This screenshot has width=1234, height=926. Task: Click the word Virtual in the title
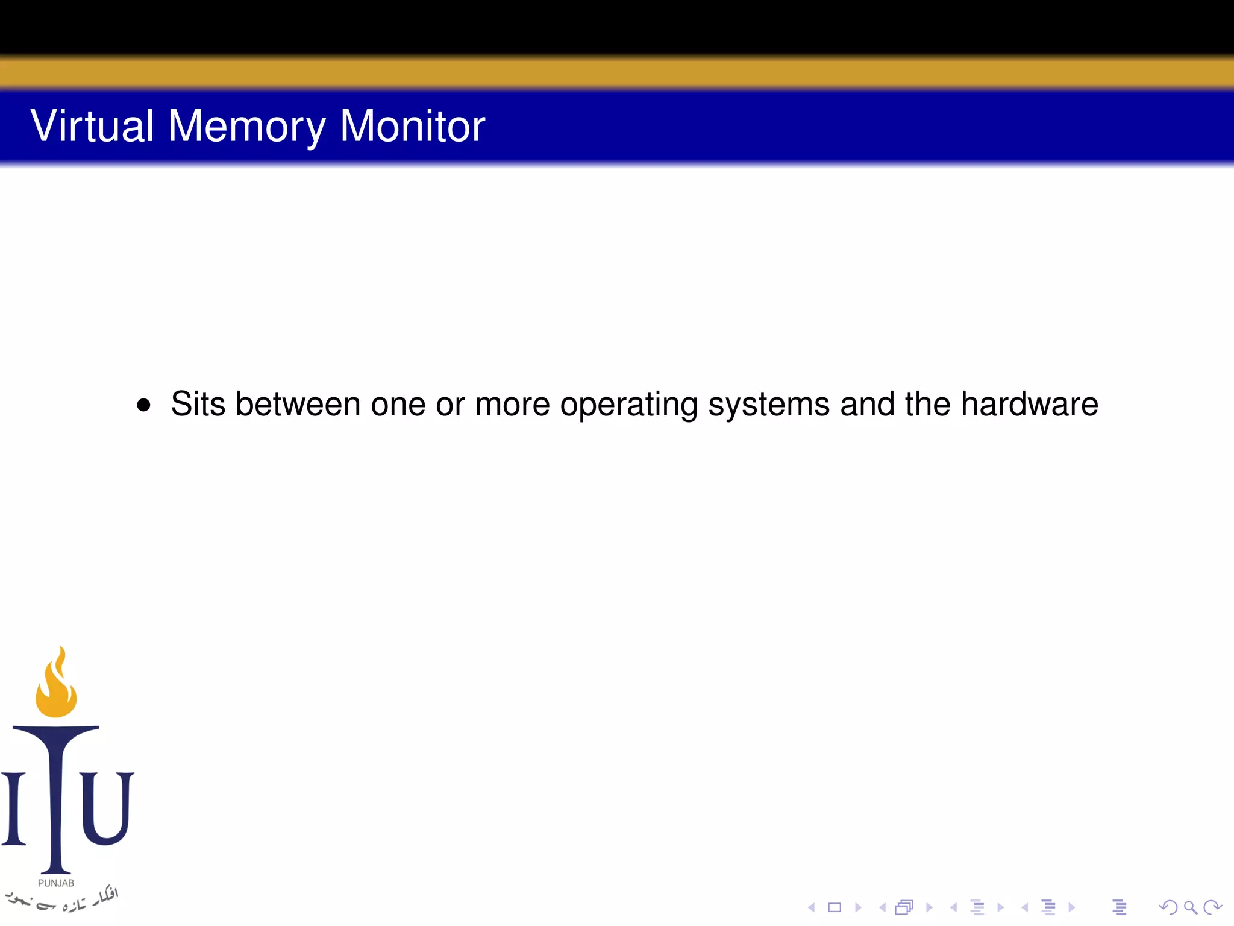point(92,126)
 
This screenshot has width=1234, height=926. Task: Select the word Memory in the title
point(246,127)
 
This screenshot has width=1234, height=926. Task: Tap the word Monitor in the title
point(412,126)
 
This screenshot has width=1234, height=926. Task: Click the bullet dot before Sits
point(143,405)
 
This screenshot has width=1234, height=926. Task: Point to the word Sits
point(198,404)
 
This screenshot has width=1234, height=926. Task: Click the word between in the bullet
point(298,404)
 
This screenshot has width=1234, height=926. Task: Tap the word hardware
point(1029,404)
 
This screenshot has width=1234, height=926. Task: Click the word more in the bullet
point(512,404)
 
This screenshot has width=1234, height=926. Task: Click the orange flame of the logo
point(57,684)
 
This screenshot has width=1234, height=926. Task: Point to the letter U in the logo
point(107,808)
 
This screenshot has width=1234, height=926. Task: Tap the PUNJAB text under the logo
point(56,883)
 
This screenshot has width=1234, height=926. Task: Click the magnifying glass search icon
point(1190,907)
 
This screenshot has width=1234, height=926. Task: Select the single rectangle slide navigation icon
point(835,907)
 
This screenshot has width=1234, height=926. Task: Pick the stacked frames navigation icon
point(904,907)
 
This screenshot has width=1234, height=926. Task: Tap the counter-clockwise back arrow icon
point(1168,907)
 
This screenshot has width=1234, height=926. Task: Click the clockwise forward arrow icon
point(1212,907)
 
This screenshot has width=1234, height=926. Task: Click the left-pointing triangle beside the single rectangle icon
point(811,907)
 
